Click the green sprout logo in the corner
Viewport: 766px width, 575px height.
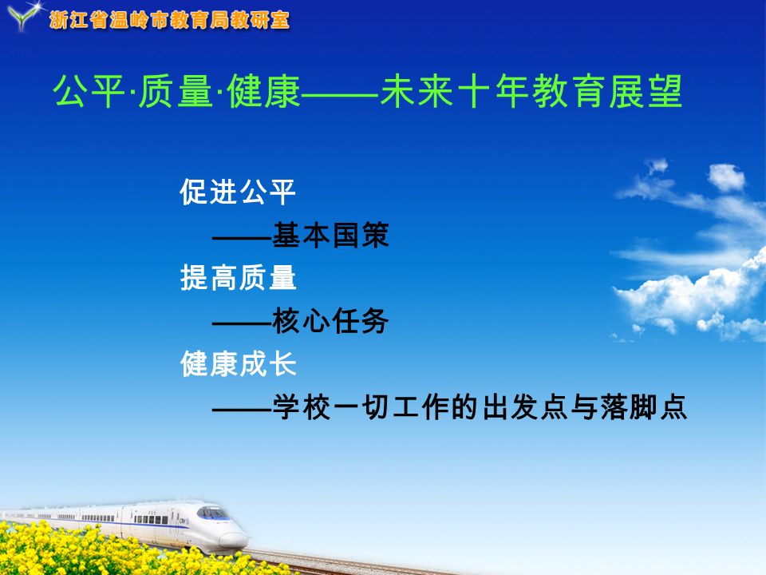point(22,16)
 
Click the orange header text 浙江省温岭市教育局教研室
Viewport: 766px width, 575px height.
point(169,20)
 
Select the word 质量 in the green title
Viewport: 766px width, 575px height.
point(176,91)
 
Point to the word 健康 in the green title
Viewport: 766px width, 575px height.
point(263,91)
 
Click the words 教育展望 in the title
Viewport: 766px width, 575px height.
point(606,91)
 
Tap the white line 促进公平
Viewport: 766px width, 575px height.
point(238,192)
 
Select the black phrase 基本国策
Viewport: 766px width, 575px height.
point(330,235)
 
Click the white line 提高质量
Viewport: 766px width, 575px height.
point(238,278)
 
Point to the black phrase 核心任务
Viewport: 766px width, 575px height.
point(330,321)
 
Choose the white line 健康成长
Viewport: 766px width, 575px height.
point(238,364)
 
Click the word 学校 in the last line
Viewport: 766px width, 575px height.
point(302,406)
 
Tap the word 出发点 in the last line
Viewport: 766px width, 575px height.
point(525,406)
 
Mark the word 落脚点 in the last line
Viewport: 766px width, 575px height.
point(644,406)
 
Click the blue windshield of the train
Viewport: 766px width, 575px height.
point(212,513)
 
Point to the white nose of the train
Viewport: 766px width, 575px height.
point(233,538)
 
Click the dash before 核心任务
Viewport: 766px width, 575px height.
point(242,323)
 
